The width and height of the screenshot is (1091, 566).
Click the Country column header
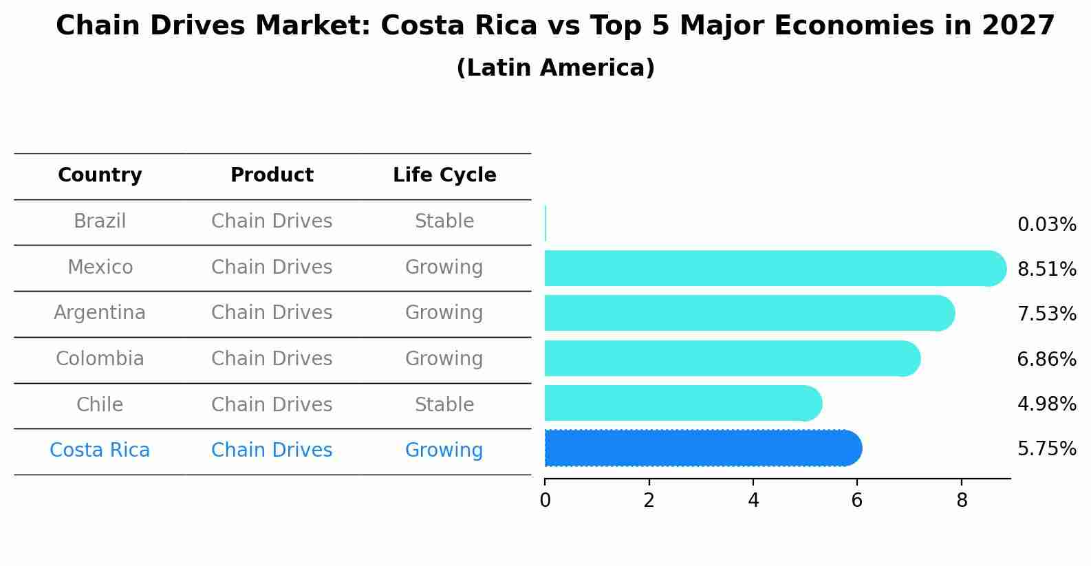100,175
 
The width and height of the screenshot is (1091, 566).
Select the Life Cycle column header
444,175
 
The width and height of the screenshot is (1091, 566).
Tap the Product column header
272,175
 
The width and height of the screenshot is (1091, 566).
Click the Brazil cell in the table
100,221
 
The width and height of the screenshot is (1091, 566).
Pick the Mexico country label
100,267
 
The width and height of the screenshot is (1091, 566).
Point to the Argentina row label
100,313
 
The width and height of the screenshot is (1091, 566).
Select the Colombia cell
100,359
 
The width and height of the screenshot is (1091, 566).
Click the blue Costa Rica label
100,450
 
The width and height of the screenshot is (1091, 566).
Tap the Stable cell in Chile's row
444,404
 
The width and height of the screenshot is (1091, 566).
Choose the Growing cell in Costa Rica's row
444,450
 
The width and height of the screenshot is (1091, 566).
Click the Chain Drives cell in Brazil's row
272,221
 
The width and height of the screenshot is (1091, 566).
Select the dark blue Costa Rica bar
702,448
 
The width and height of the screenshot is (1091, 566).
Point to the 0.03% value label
1046,225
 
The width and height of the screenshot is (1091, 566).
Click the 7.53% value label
1046,314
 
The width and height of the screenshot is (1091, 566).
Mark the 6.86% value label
1046,359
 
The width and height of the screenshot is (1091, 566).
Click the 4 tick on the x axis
753,501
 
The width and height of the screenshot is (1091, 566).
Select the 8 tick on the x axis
962,501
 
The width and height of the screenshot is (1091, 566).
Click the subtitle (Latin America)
555,68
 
